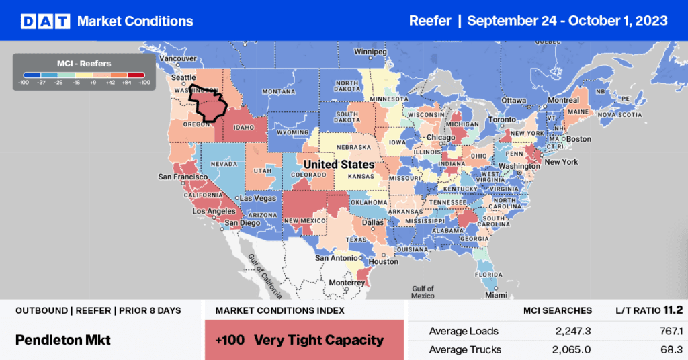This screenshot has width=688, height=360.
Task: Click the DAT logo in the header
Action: [46, 21]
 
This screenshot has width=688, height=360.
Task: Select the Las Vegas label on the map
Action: [258, 198]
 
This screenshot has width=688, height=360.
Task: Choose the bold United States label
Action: [339, 165]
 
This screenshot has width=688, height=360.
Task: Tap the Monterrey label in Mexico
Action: [347, 283]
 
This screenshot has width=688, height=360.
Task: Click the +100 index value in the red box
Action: [226, 340]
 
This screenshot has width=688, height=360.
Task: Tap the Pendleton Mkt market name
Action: [63, 340]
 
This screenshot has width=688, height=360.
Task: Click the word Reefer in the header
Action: [429, 21]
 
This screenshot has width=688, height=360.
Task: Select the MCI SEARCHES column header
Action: [558, 310]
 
